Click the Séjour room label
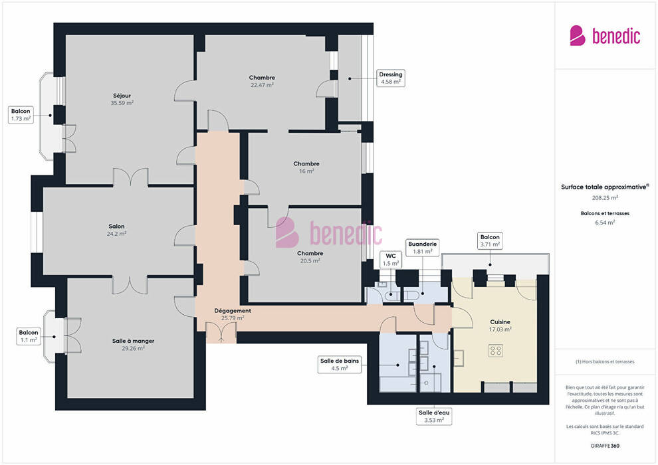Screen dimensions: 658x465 [122, 96]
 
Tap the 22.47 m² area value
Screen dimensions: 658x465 [263, 85]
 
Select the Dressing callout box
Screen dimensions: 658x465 [391, 78]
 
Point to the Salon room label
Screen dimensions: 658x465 [117, 227]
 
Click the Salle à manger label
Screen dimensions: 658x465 [134, 341]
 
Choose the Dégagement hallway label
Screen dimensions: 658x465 [233, 311]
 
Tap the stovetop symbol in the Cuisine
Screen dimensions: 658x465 [496, 351]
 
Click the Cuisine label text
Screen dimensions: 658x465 [500, 322]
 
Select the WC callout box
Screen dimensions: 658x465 [391, 260]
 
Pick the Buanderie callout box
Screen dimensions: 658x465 [423, 247]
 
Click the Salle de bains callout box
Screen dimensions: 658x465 [340, 365]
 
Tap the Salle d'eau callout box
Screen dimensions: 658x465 [434, 417]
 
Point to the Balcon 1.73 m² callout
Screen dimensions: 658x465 [21, 115]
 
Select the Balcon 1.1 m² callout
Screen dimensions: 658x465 [29, 336]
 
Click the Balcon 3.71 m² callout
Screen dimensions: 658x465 [490, 240]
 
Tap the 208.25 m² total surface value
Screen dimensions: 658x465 [605, 198]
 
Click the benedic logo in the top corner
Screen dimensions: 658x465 [605, 36]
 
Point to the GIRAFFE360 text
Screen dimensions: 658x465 [605, 446]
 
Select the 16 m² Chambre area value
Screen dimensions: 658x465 [307, 171]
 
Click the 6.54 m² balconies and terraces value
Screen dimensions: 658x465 [605, 223]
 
